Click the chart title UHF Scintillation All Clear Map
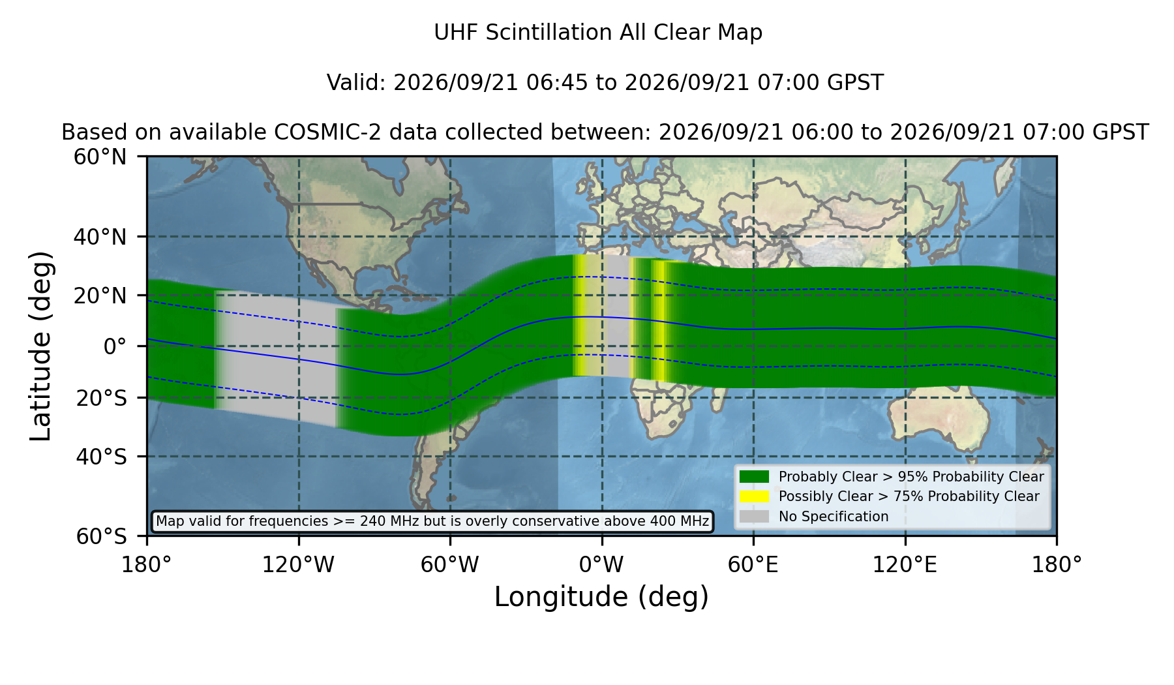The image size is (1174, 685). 598,33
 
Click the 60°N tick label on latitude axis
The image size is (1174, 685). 100,157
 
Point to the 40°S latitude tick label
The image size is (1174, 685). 102,457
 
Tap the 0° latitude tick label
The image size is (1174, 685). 115,346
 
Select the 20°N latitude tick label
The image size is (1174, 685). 100,296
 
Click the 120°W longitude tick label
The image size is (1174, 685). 298,564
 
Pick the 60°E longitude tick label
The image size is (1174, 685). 753,564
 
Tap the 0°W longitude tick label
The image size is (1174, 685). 602,564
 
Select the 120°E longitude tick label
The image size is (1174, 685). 905,564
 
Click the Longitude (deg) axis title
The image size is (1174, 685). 601,597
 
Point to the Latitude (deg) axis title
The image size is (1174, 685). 40,346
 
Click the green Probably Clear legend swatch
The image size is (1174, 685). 755,477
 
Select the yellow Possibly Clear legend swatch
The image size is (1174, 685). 755,496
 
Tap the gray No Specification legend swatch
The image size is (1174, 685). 755,517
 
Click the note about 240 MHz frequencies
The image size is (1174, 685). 432,521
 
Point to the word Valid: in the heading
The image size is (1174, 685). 357,83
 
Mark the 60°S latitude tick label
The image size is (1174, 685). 102,536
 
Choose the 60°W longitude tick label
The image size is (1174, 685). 450,564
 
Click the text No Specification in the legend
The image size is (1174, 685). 834,517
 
